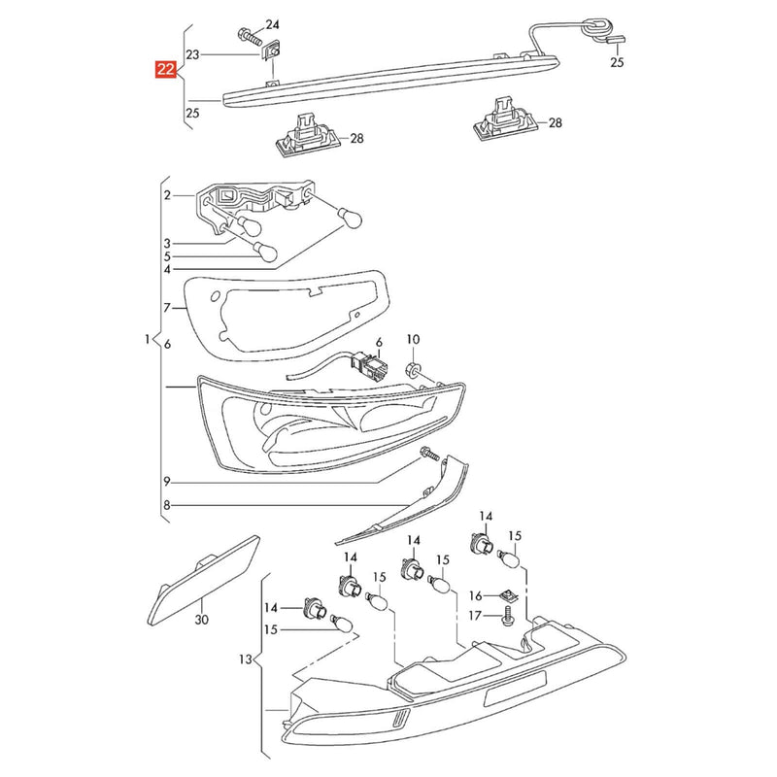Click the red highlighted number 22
166,69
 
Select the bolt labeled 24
251,36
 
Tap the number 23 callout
192,54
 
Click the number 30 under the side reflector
202,619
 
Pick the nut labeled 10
413,369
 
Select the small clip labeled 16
507,595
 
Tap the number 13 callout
246,659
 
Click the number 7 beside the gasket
167,308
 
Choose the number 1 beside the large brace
147,339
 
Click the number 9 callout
167,481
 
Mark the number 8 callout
167,505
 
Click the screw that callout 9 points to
429,453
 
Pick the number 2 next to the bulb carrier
167,195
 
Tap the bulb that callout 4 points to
350,218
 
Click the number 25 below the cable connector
617,62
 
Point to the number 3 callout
167,244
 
